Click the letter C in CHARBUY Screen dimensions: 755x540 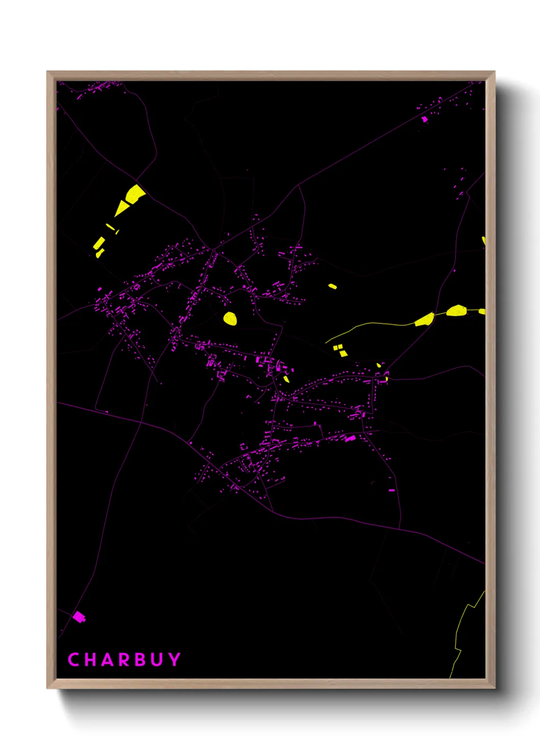(73, 660)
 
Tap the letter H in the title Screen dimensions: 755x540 (90, 660)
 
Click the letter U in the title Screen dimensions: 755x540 (157, 660)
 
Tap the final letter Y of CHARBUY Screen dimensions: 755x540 (175, 660)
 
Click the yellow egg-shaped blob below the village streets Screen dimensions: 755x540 (230, 318)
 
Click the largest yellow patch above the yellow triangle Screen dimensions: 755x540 (135, 194)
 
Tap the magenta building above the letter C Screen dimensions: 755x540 (79, 617)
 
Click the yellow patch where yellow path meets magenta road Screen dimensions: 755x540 (425, 320)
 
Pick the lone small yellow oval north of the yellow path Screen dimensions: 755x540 (332, 286)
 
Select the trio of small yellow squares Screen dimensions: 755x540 (340, 350)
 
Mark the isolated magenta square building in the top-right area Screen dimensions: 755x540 (424, 119)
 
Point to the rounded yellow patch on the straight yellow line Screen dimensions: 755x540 (456, 310)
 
